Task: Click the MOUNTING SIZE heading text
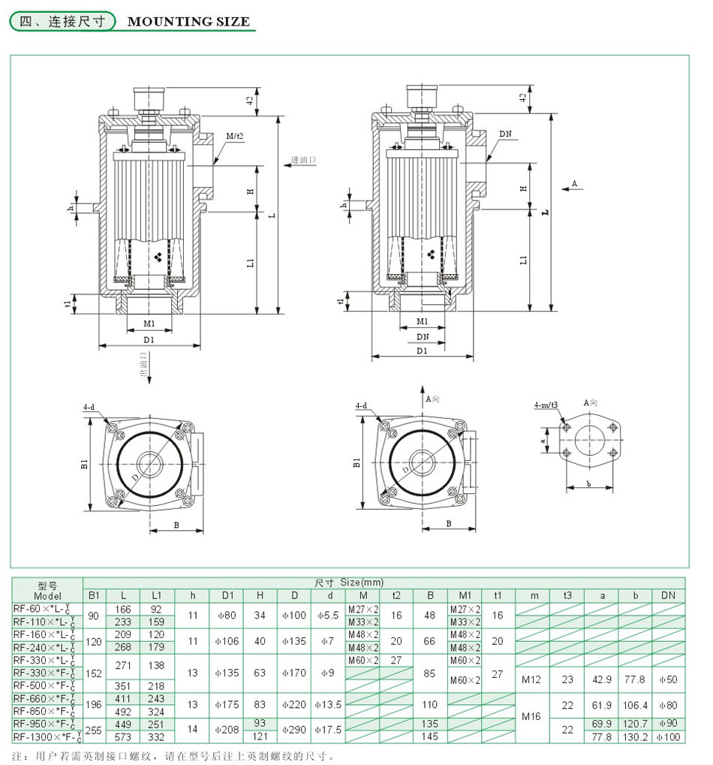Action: (188, 22)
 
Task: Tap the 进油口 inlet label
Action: (303, 161)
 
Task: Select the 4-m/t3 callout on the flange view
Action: (546, 405)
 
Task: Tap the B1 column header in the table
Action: (94, 595)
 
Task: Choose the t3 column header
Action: (567, 595)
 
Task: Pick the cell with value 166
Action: (124, 609)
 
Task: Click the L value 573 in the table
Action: (124, 737)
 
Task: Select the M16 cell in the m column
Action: (534, 718)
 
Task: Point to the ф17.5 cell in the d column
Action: (328, 730)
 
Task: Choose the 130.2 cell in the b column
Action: (635, 737)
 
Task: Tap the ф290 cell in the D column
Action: (294, 730)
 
